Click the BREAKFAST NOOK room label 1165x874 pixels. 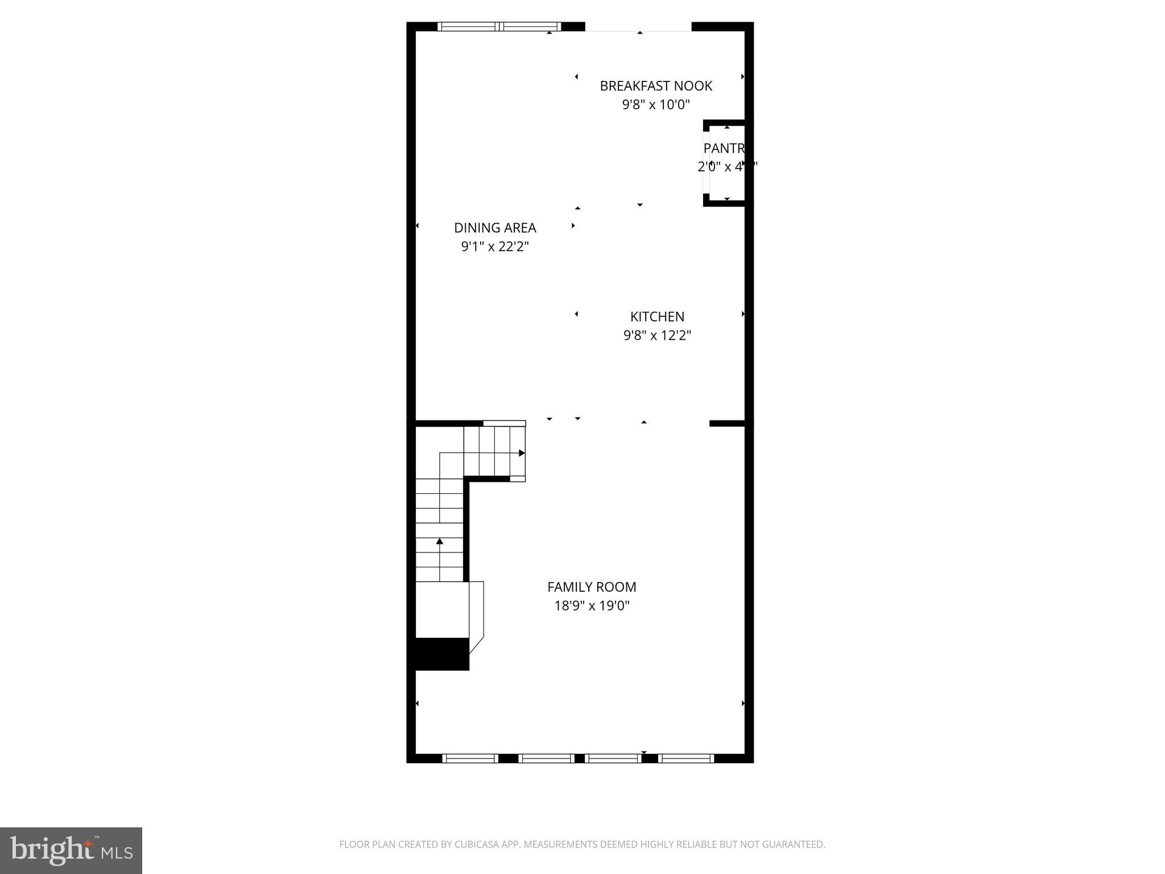point(656,86)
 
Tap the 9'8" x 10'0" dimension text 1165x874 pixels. point(656,105)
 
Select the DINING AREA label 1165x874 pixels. point(495,228)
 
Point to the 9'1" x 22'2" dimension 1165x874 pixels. point(495,246)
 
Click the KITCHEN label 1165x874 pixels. point(657,316)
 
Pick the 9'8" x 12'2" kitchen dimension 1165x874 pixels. point(657,335)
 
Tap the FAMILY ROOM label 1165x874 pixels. point(592,587)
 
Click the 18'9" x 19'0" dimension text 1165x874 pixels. point(592,605)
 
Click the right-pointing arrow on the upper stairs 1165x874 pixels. point(522,453)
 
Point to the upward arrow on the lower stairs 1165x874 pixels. point(439,541)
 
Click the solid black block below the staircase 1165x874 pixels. point(442,654)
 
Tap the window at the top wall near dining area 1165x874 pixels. point(499,26)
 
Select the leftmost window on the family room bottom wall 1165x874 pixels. point(470,758)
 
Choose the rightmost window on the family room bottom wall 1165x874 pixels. point(686,758)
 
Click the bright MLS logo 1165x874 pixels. point(71,851)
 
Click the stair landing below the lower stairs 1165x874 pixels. point(442,609)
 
